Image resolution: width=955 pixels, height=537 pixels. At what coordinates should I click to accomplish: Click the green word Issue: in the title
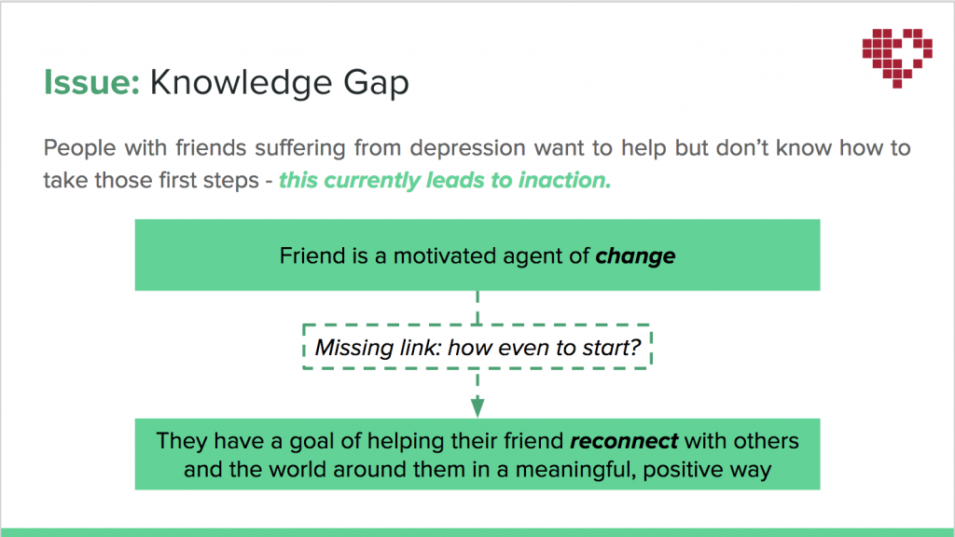tap(92, 82)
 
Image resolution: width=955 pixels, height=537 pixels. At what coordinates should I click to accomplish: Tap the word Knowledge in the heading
tap(241, 83)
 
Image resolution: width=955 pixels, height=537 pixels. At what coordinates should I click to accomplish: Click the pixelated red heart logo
tap(897, 58)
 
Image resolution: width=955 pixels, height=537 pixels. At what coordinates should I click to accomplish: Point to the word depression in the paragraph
tap(467, 148)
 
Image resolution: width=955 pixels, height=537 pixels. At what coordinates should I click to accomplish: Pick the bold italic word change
tap(635, 256)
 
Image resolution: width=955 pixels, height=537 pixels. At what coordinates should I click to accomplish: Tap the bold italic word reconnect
tap(624, 441)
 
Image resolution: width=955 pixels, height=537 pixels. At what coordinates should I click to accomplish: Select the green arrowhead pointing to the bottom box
tap(477, 406)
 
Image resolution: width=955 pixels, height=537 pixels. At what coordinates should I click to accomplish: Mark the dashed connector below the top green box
tap(477, 308)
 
